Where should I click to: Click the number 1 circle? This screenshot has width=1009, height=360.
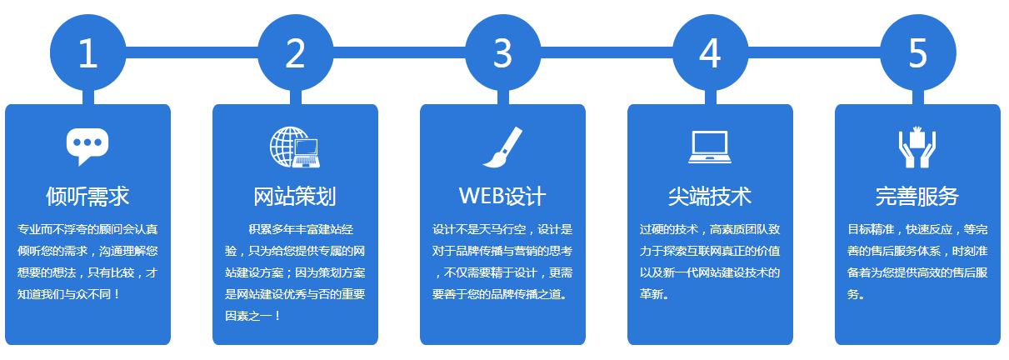coord(87,52)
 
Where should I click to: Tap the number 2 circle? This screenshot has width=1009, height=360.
coord(296,52)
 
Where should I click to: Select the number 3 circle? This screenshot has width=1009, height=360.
coord(502,52)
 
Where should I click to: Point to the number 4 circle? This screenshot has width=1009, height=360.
coord(711,52)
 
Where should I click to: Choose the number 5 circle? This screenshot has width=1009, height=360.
coord(918,52)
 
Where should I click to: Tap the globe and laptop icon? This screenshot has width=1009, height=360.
coord(295,147)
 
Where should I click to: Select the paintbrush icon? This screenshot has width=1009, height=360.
coord(502,147)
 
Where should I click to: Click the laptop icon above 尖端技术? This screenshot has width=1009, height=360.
coord(710,147)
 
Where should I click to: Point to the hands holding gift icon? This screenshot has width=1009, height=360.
coord(917,147)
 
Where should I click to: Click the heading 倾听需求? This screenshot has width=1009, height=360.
coord(87,197)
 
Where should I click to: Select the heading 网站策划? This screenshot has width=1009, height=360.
coord(295,197)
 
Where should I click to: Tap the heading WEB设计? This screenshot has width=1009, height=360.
coord(502,197)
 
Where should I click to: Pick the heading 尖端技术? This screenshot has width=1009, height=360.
coord(710,197)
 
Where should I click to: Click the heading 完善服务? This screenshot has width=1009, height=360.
coord(917,197)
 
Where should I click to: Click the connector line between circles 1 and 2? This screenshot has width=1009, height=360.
coord(192,52)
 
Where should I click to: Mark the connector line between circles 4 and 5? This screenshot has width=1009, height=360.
coord(814,52)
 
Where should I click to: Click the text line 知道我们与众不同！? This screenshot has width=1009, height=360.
coord(68,294)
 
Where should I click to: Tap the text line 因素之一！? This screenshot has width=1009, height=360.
coord(252,316)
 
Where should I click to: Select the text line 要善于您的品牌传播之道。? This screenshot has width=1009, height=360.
coord(500,294)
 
